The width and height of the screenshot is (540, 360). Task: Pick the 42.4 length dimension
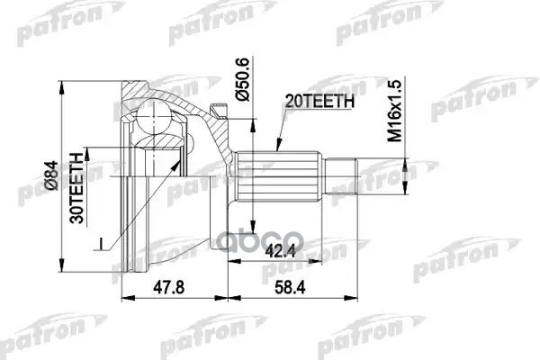point(276,252)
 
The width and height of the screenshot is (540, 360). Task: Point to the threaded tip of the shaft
point(346,173)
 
